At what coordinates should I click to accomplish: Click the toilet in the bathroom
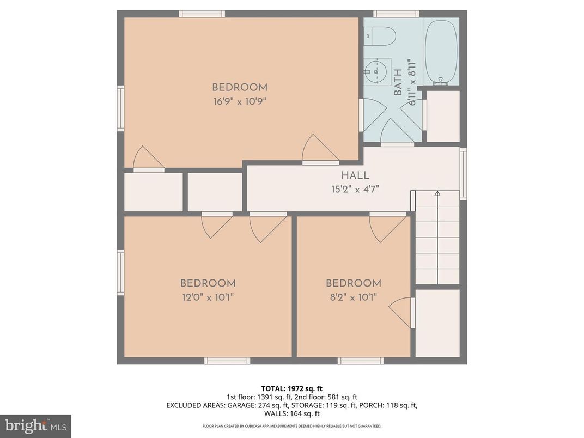pos(380,36)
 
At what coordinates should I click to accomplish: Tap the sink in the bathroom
pos(376,71)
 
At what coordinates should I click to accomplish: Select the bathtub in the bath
pos(440,52)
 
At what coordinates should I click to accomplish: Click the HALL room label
pos(355,175)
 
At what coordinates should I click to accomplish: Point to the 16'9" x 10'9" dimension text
pos(239,101)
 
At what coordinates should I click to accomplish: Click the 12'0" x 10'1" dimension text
pos(208,297)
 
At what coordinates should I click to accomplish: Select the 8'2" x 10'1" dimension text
pos(353,297)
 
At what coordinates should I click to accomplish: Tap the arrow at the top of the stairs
pos(437,193)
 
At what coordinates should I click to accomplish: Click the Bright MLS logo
pos(35,425)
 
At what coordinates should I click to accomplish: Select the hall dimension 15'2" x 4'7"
pos(355,189)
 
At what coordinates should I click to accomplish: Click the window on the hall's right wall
pos(463,173)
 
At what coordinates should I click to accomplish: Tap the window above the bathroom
pos(396,14)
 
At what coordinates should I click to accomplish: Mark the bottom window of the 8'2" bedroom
pos(360,361)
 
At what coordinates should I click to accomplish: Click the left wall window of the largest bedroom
pos(120,108)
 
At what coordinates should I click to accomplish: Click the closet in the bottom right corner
pos(437,323)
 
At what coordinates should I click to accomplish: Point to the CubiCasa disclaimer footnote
pos(291,426)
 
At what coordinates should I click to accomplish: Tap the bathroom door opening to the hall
pos(397,133)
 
